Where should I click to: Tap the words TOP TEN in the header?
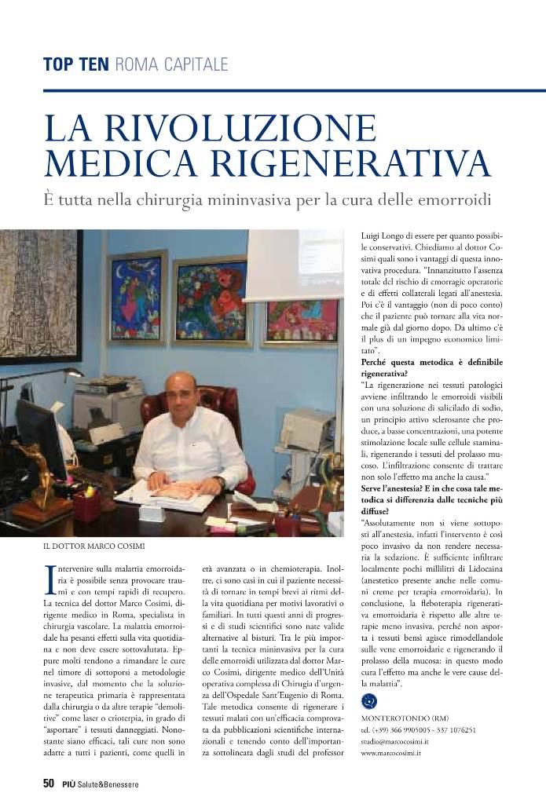75,64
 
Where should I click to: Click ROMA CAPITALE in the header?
170,64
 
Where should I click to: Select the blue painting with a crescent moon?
137,295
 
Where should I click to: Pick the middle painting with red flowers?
211,298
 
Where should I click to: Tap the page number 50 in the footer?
48,784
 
